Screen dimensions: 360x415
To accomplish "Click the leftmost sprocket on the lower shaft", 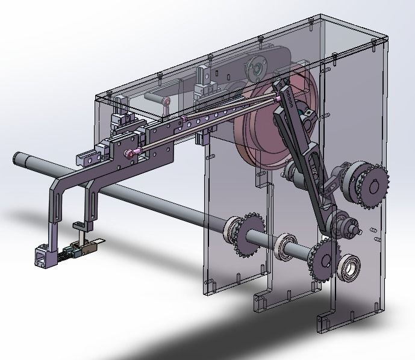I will coord(243,235).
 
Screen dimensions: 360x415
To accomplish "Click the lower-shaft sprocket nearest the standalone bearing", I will coord(323,259).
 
